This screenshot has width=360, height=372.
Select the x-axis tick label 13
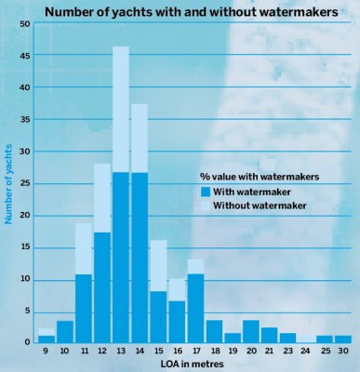[x=121, y=350]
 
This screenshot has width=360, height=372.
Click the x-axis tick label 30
[x=343, y=350]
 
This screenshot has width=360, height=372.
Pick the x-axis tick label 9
[x=46, y=350]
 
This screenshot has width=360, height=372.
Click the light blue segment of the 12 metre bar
[x=102, y=197]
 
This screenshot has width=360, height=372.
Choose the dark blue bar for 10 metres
[x=64, y=331]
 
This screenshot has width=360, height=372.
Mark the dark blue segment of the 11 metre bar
[x=84, y=308]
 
